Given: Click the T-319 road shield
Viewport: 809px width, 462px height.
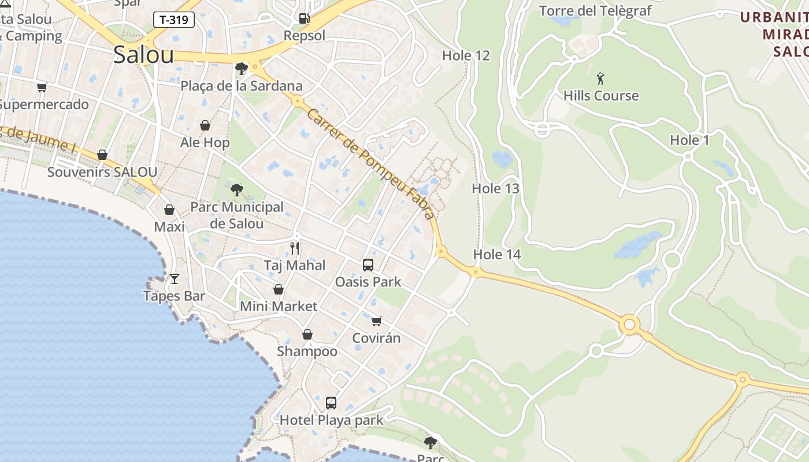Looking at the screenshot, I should click(173, 20).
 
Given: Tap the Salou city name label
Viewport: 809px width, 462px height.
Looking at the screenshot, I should click(143, 55).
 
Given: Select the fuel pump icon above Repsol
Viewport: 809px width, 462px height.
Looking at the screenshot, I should click(304, 18).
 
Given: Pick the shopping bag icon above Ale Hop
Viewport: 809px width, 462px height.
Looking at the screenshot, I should click(205, 125).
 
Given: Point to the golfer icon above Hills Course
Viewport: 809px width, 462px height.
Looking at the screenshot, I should click(601, 78).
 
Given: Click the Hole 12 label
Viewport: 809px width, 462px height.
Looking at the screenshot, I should click(466, 55).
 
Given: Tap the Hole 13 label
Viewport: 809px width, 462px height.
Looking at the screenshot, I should click(495, 188).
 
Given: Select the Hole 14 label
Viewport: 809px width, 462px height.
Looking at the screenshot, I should click(496, 254).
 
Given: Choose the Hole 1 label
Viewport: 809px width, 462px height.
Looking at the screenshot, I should click(689, 140).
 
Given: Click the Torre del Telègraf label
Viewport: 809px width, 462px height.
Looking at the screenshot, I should click(595, 11).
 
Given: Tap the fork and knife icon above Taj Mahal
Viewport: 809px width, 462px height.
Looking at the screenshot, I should click(295, 248).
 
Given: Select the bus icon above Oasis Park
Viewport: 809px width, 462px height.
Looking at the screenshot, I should click(368, 265).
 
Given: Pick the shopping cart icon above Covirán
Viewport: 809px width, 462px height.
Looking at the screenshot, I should click(377, 321).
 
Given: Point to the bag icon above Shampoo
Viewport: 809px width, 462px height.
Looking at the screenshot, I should click(307, 334).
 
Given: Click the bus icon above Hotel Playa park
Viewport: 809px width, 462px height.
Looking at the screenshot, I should click(331, 403).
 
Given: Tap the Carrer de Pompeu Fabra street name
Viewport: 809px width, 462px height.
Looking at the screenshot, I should click(370, 164).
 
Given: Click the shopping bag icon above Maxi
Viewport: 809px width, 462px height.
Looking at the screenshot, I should click(169, 210).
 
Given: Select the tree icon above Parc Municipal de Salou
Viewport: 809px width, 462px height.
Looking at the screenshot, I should click(237, 190).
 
